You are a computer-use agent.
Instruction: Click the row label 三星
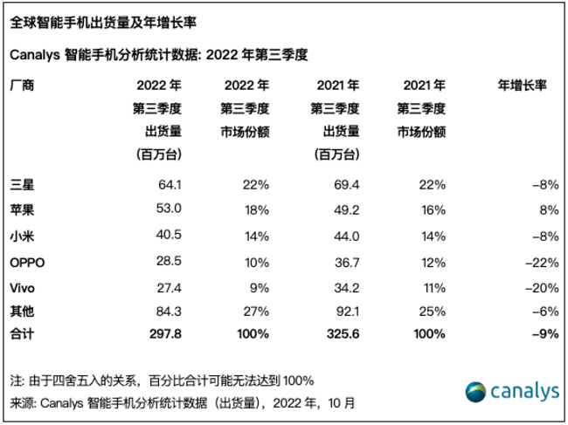(19, 184)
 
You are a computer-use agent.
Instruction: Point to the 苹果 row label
(19, 210)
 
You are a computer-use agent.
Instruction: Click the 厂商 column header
(19, 86)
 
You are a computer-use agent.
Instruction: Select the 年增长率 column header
(522, 86)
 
